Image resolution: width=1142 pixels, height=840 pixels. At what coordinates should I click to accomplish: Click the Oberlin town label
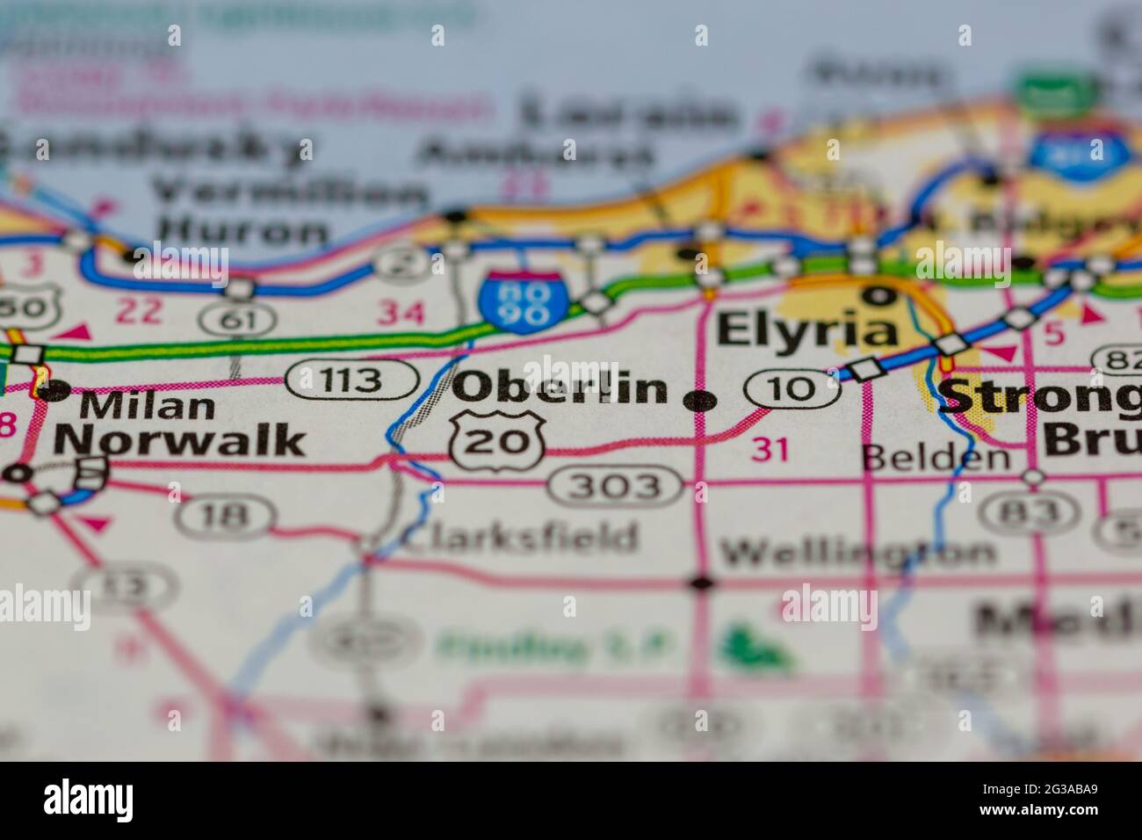click(x=560, y=387)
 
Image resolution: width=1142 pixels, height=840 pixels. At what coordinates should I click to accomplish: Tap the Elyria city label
click(x=806, y=331)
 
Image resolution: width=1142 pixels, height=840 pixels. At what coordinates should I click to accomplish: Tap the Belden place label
click(x=935, y=456)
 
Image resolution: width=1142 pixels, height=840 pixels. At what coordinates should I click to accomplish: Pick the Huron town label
click(x=245, y=230)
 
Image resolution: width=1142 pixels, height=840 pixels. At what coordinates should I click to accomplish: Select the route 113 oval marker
click(x=351, y=380)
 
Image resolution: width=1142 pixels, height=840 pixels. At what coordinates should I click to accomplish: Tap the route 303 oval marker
click(x=615, y=485)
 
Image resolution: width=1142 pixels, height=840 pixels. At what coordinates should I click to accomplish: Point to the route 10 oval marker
click(x=791, y=387)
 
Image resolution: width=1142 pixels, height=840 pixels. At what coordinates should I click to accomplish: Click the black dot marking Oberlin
click(x=700, y=402)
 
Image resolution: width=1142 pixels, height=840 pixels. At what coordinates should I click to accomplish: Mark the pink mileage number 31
click(x=771, y=450)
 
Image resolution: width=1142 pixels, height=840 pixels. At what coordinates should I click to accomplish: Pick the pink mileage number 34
click(x=401, y=312)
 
